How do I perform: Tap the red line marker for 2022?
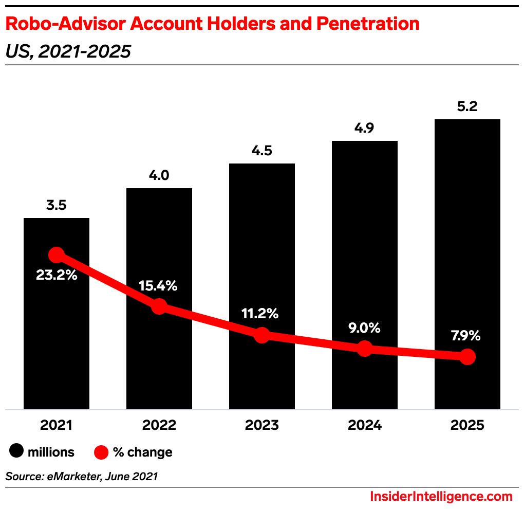[159, 306]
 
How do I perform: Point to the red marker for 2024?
[364, 348]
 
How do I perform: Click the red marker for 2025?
[467, 356]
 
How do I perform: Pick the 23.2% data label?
[57, 275]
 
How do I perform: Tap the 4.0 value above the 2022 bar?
[159, 175]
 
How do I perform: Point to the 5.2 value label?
[467, 106]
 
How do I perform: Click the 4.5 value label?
[262, 151]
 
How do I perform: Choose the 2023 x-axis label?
[262, 426]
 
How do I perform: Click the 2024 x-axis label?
[364, 426]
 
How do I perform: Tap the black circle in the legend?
[16, 452]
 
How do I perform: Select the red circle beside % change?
[102, 452]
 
